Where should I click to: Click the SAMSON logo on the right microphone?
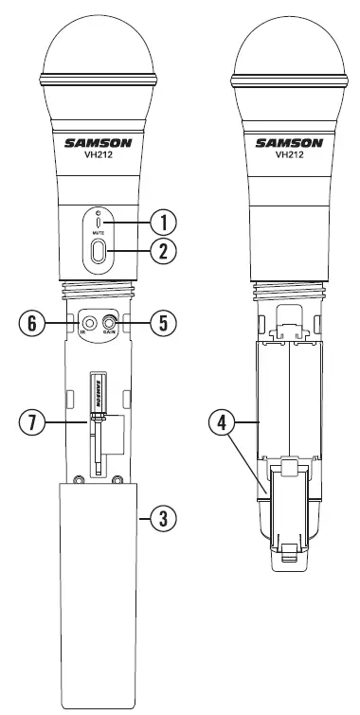289,145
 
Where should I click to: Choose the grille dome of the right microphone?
289,43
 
